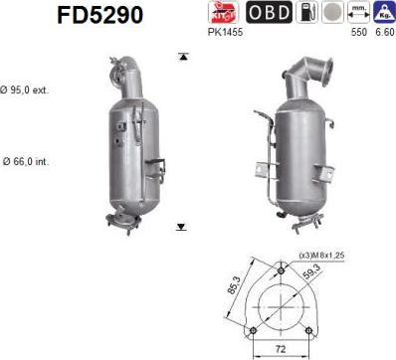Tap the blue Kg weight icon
(382, 13)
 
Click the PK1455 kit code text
(227, 32)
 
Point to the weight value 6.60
(382, 32)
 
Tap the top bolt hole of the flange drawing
(283, 270)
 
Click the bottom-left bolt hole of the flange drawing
(254, 329)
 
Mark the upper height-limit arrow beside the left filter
(181, 58)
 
